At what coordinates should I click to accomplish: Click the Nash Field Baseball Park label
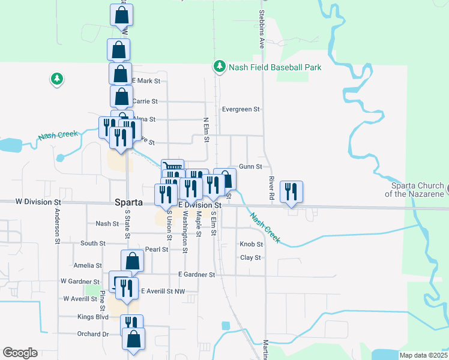[275, 67]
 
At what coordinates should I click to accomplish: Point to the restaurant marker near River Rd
[291, 193]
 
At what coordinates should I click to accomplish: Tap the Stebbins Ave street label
[262, 29]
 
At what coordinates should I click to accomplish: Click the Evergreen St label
[240, 110]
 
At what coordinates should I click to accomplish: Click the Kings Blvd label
[92, 316]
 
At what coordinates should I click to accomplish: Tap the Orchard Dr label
[92, 334]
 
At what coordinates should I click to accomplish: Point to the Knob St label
[252, 244]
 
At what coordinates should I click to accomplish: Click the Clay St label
[250, 257]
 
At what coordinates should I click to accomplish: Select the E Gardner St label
[196, 275]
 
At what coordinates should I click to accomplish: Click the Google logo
[20, 353]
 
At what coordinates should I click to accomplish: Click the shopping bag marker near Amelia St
[133, 262]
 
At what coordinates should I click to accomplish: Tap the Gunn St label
[250, 166]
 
